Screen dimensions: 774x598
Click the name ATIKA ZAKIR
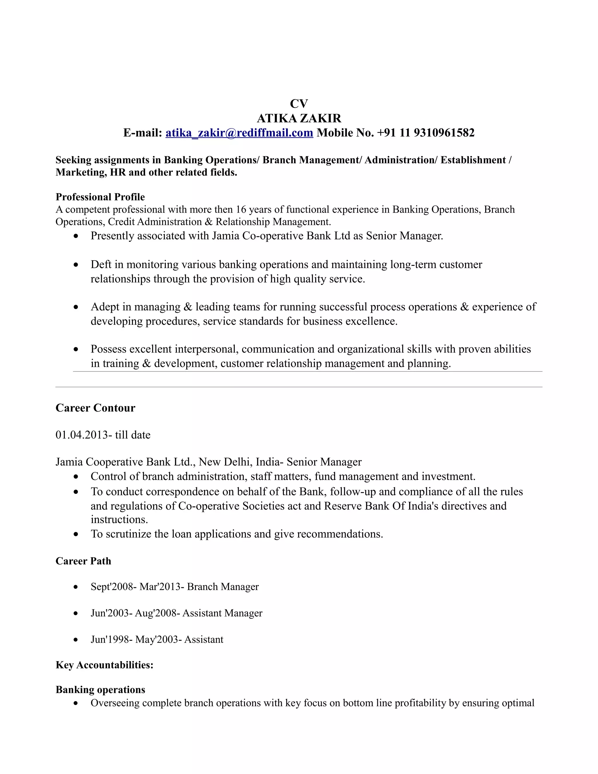[x=299, y=118]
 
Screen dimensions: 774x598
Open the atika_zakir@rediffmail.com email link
[x=239, y=133]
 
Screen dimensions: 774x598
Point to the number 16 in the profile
[x=241, y=209]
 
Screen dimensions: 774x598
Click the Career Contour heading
[x=95, y=408]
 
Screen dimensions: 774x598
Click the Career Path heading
[x=83, y=561]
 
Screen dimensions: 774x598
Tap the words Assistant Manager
[x=222, y=613]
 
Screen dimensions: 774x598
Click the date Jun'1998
[x=111, y=639]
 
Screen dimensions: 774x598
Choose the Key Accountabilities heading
[x=105, y=665]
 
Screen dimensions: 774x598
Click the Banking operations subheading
[x=100, y=690]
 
